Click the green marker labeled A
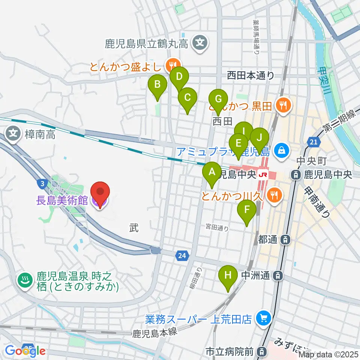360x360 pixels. pos(212,172)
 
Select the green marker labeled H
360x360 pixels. pos(228,276)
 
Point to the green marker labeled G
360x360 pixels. pos(218,99)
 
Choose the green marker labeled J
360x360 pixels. pos(259,138)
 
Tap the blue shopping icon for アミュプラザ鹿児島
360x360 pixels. pos(280,151)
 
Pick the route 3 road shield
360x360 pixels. pos(43,183)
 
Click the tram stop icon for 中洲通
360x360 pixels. pos(277,276)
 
